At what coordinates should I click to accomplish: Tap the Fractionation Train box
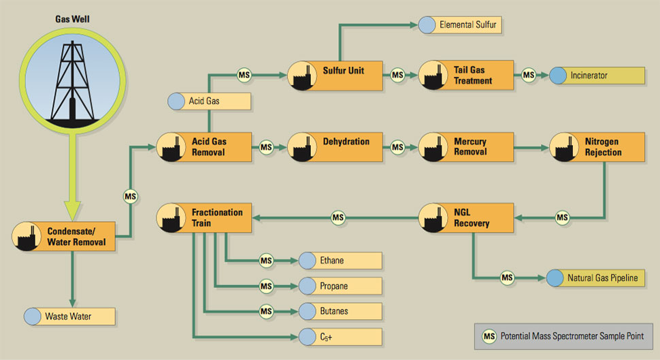click(204, 218)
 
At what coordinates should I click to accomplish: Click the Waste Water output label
click(69, 316)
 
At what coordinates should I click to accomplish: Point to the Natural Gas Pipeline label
click(596, 278)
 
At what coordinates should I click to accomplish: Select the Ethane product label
click(340, 261)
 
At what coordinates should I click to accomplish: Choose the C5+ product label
click(340, 336)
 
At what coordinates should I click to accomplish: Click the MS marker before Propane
click(266, 286)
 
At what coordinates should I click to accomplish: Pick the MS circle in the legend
click(489, 336)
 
